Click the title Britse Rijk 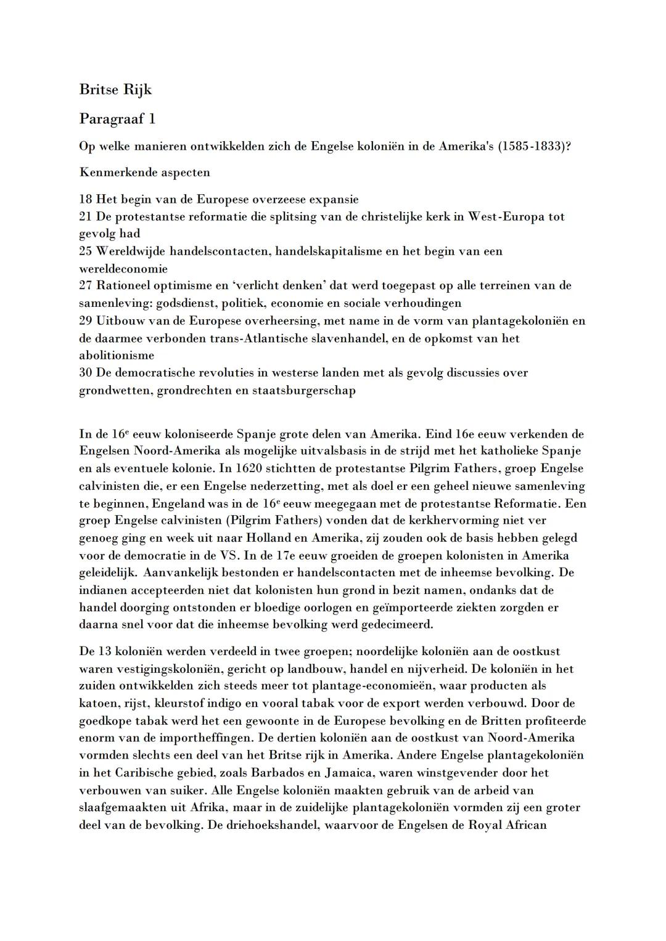point(115,90)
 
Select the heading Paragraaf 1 point(117,119)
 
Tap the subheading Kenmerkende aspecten point(144,173)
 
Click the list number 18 point(86,199)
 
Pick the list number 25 point(86,251)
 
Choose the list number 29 point(86,321)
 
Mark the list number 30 point(86,373)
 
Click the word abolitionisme point(117,356)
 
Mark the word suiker point(189,790)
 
